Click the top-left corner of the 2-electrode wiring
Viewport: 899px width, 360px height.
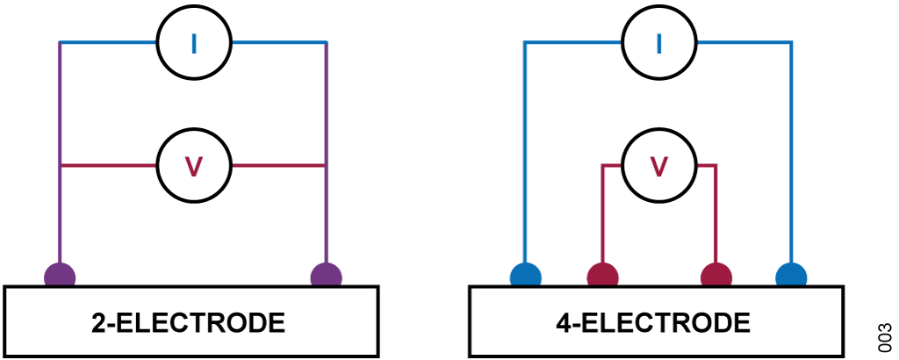click(61, 42)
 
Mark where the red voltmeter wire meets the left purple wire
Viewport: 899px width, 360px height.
click(61, 166)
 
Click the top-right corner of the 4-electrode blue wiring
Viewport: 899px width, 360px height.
click(791, 42)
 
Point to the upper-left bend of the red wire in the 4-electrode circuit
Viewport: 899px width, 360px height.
click(602, 166)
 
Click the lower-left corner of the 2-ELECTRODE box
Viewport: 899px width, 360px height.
click(4, 356)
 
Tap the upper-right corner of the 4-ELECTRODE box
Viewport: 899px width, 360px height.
click(844, 286)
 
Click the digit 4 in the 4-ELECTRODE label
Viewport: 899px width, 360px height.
click(565, 323)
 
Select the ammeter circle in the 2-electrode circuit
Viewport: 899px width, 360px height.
click(194, 42)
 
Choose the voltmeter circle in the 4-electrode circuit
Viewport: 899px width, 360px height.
click(658, 166)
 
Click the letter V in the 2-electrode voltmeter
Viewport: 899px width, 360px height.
click(194, 166)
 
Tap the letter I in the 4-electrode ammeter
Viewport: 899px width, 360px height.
click(658, 43)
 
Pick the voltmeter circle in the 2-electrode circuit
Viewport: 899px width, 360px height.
click(194, 166)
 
